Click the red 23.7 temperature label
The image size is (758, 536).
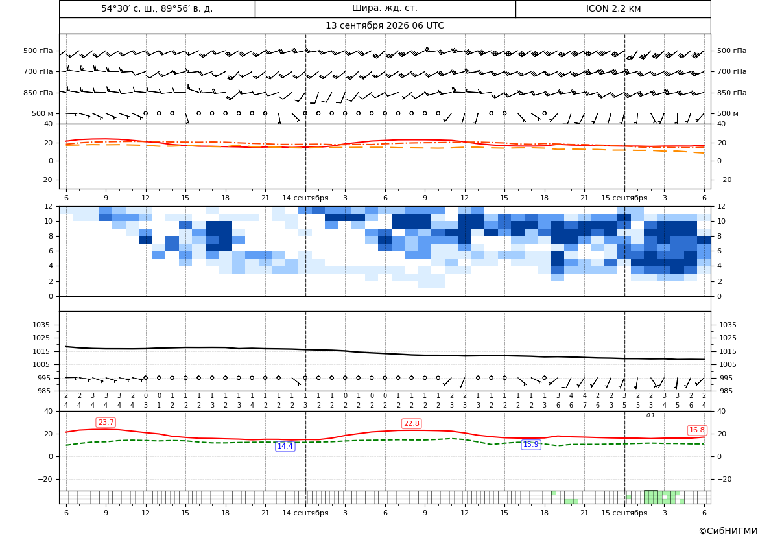coord(106,423)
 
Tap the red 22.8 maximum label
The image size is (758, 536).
coord(411,423)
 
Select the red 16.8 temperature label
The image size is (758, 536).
coord(696,430)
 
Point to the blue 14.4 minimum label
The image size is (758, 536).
coord(285,446)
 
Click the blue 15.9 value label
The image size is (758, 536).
coord(531,445)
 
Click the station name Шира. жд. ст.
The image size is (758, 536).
coord(385,8)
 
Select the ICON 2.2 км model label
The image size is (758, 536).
coord(613,8)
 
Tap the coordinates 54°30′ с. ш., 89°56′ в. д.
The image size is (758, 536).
coord(157,8)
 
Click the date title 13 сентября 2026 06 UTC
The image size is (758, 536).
coord(385,26)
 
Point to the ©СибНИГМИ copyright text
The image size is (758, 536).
coord(728,531)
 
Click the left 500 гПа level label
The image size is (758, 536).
coord(38,51)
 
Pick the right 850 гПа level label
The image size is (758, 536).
coord(732,93)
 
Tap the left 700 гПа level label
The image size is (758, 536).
coord(38,71)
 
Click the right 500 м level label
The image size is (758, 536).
coord(728,113)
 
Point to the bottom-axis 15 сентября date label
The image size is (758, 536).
coord(624,513)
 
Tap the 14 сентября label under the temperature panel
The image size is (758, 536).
coord(305,198)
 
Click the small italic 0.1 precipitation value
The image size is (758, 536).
coord(650,415)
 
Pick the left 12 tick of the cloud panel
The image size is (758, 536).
coord(49,206)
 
